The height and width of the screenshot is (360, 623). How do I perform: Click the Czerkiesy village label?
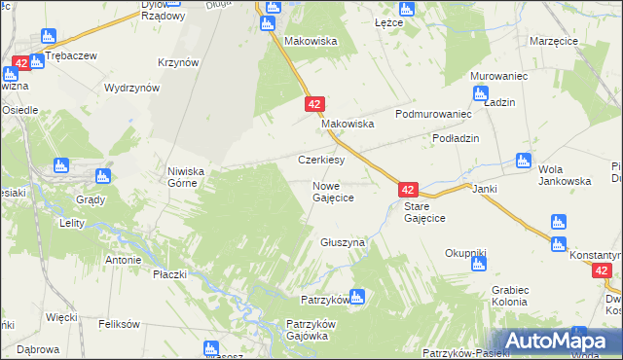pyautogui.click(x=321, y=160)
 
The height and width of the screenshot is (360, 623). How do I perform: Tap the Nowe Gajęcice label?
pyautogui.click(x=332, y=191)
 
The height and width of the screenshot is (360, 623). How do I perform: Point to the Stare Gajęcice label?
pyautogui.click(x=424, y=212)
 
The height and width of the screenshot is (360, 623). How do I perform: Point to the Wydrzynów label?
pyautogui.click(x=131, y=88)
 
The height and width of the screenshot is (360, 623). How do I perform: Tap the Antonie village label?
pyautogui.click(x=124, y=260)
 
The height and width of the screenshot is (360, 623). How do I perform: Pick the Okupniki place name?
pyautogui.click(x=465, y=253)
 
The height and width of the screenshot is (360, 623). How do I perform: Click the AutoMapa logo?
pyautogui.click(x=551, y=341)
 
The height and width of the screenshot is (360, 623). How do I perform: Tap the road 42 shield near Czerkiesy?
pyautogui.click(x=313, y=102)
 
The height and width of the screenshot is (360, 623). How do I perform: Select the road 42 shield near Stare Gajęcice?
pyautogui.click(x=408, y=191)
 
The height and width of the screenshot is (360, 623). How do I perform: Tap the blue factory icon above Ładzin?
pyautogui.click(x=479, y=93)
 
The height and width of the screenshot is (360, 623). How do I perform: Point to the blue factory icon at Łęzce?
pyautogui.click(x=407, y=9)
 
